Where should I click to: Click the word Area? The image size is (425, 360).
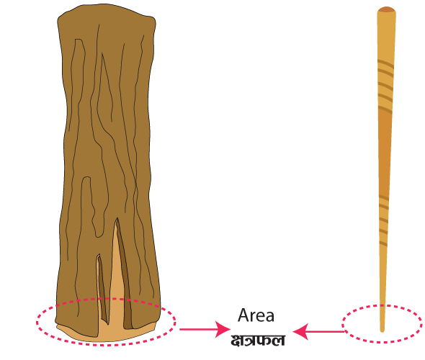point(256,315)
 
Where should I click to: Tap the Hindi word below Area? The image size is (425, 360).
point(258,341)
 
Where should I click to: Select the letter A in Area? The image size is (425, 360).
point(243,315)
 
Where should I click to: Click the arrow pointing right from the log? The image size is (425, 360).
point(205,329)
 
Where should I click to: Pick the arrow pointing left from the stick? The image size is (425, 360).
point(318,331)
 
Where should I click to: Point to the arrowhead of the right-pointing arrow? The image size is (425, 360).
point(223,329)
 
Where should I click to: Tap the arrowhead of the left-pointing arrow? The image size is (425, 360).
point(300,331)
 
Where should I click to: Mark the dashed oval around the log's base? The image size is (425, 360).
point(107,299)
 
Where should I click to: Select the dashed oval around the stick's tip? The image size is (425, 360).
point(382,305)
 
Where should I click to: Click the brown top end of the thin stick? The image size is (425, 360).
point(387,10)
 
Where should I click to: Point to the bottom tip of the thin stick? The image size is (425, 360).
point(382,331)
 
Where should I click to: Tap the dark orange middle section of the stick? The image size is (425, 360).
point(385,152)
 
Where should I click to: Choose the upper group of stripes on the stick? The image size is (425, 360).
point(385,86)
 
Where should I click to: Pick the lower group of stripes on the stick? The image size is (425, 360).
point(383,220)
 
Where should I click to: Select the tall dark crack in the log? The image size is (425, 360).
point(124,274)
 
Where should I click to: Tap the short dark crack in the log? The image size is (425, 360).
point(102,290)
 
